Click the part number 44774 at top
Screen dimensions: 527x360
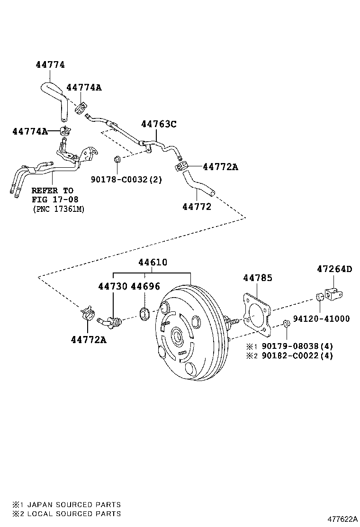pyautogui.click(x=50, y=65)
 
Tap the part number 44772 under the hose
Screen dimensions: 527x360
pyautogui.click(x=197, y=207)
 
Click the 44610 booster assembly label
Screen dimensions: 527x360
pyautogui.click(x=153, y=263)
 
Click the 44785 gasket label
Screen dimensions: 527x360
pyautogui.click(x=258, y=278)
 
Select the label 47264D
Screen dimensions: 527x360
pyautogui.click(x=334, y=269)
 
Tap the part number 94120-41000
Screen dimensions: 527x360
pyautogui.click(x=321, y=319)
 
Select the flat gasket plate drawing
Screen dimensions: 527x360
pyautogui.click(x=256, y=313)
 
